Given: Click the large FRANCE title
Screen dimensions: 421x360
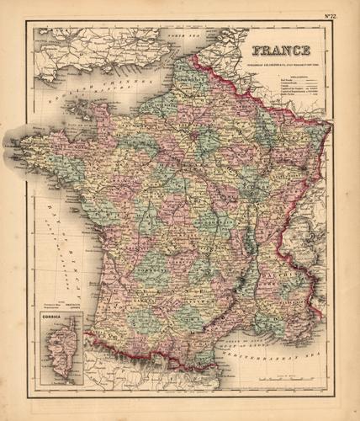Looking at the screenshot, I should point(281,50).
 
